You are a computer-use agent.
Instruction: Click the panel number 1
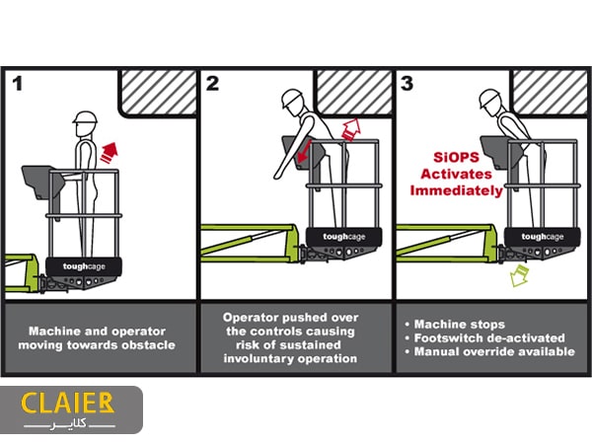coord(17,84)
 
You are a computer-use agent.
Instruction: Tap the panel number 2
coord(212,84)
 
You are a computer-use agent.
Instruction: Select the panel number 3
coord(407,84)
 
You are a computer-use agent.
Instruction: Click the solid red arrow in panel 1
coord(110,152)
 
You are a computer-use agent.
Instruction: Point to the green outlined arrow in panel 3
coord(519,275)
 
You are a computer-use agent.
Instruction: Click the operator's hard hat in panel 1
coord(85,117)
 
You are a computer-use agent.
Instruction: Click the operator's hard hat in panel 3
coord(489,99)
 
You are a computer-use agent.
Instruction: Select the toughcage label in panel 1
coord(84,266)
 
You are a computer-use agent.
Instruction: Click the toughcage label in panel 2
coord(344,237)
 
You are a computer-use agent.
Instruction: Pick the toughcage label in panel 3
coord(543,237)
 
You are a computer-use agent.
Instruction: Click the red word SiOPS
coord(456,157)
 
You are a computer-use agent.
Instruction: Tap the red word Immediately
coord(457,190)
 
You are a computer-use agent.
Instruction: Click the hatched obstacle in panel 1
coord(159,93)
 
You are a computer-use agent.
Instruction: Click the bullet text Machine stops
coord(460,325)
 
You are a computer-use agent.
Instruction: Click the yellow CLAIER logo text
coord(67,403)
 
